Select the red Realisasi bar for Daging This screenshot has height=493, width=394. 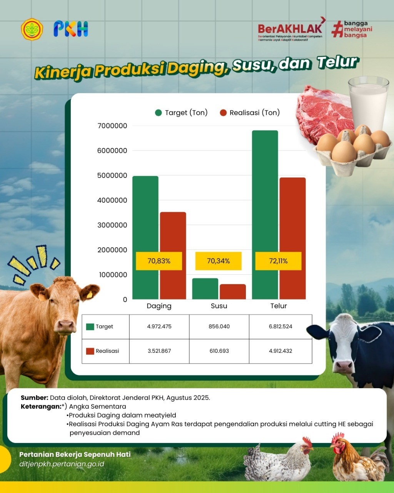(x=173, y=255)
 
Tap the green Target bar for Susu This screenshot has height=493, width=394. (x=205, y=288)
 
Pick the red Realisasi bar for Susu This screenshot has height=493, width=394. (x=233, y=292)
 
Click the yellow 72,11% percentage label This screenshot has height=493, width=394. (x=278, y=261)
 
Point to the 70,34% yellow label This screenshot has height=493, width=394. (x=219, y=261)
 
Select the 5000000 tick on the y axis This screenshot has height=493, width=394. (x=112, y=175)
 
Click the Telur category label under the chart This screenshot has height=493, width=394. (x=279, y=306)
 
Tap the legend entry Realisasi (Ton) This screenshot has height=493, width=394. (x=250, y=113)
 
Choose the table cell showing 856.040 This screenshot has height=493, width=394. (x=219, y=327)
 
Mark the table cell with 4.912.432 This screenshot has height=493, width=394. (x=280, y=351)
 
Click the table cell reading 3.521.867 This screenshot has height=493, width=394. (x=159, y=351)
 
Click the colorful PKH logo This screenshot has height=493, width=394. (x=71, y=29)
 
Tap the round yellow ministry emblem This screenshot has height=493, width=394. (x=32, y=29)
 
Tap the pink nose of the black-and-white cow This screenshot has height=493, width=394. (x=344, y=365)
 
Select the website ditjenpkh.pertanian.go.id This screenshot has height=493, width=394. (x=62, y=464)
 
